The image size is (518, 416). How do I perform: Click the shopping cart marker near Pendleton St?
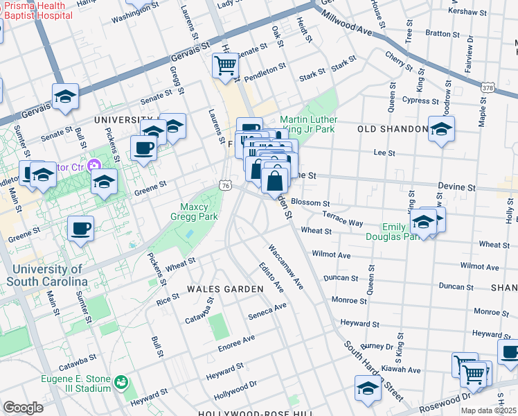[x=226, y=66]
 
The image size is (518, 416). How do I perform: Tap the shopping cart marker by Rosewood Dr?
[x=473, y=374]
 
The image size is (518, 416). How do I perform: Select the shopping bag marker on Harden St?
[x=275, y=182]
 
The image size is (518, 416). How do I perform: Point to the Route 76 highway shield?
[x=225, y=185]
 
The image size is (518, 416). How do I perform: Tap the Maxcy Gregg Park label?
[x=199, y=211]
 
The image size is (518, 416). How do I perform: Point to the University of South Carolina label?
[x=47, y=275]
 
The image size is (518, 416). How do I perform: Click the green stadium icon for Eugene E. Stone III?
[x=121, y=381]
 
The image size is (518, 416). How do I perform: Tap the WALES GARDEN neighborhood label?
[x=226, y=288]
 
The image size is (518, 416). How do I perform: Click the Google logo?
[x=23, y=407]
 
